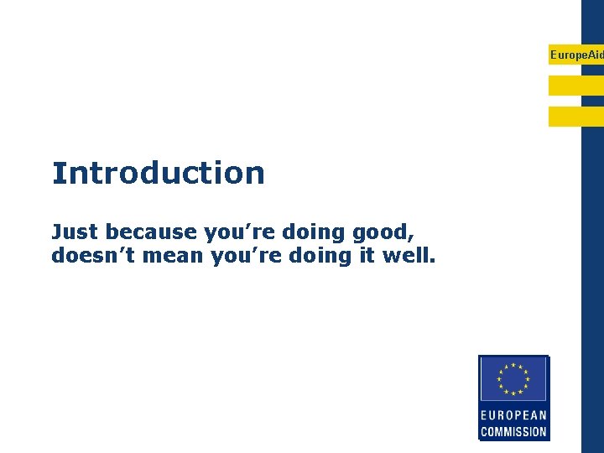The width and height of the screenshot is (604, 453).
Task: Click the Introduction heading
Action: coord(158,173)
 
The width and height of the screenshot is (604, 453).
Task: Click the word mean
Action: coord(180,255)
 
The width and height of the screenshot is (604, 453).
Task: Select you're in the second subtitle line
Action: coord(252,255)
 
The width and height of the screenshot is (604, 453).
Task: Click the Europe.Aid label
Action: coord(576,55)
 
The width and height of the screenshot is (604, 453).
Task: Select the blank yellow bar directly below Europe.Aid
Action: coord(576,86)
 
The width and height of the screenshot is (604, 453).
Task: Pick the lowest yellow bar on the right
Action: coord(576,117)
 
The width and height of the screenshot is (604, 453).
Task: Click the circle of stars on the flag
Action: coord(513,378)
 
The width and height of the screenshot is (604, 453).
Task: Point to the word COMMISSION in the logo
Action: coord(513,432)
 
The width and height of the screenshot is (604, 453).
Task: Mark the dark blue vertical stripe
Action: coord(592,252)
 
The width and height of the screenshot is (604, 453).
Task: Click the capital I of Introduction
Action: coord(57,173)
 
